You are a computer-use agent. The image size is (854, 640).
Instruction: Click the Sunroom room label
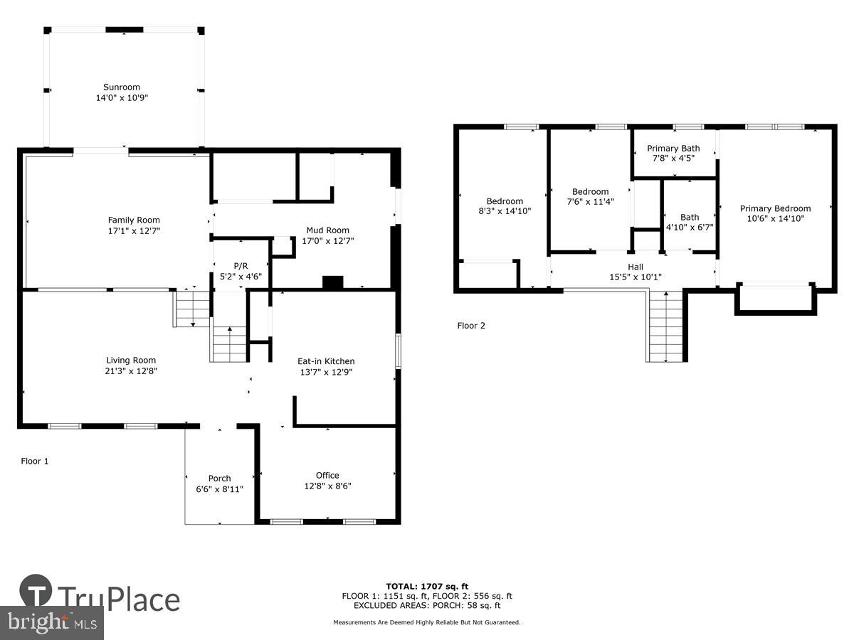pyautogui.click(x=121, y=87)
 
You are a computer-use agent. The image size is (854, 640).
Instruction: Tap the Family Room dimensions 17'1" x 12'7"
pyautogui.click(x=134, y=230)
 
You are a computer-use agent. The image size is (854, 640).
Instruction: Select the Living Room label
pyautogui.click(x=131, y=361)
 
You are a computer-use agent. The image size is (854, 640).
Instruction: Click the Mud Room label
pyautogui.click(x=327, y=230)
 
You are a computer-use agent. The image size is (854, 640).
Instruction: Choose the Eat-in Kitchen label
pyautogui.click(x=326, y=361)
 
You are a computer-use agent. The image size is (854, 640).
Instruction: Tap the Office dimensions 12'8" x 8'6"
pyautogui.click(x=327, y=486)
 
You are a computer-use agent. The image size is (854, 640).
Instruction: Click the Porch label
pyautogui.click(x=219, y=479)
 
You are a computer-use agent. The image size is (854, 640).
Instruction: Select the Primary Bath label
pyautogui.click(x=673, y=149)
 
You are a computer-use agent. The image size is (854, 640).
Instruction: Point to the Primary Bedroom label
pyautogui.click(x=775, y=208)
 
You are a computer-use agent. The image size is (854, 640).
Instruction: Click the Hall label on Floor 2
pyautogui.click(x=636, y=267)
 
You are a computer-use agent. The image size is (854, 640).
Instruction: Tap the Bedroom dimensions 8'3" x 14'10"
pyautogui.click(x=505, y=211)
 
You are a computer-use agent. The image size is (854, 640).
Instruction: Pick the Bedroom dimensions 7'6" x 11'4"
pyautogui.click(x=591, y=201)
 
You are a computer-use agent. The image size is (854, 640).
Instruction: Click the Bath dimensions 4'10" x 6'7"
pyautogui.click(x=689, y=228)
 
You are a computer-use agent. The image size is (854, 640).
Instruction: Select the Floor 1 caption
pyautogui.click(x=35, y=461)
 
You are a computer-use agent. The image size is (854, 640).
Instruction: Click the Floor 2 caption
pyautogui.click(x=471, y=326)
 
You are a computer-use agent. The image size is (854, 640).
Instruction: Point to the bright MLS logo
pyautogui.click(x=51, y=622)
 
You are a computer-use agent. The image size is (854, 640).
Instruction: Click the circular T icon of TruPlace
pyautogui.click(x=36, y=592)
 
